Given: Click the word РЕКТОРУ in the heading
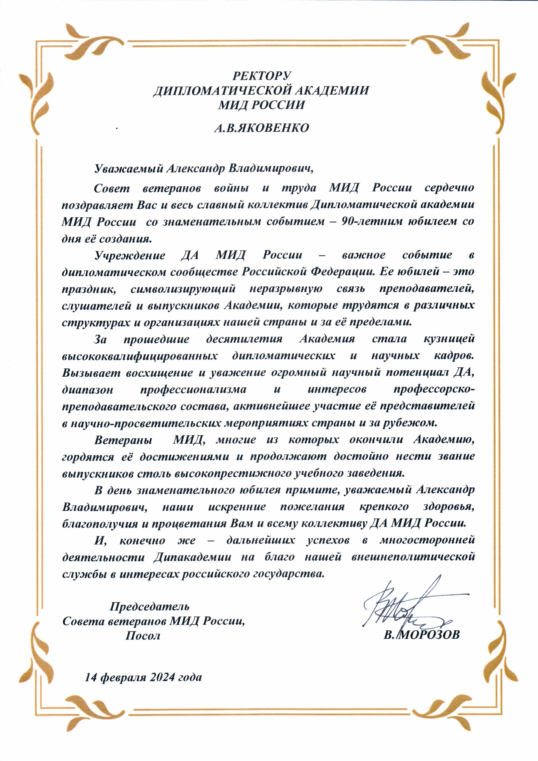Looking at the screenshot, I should pos(261,76).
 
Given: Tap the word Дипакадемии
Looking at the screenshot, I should pos(192,557).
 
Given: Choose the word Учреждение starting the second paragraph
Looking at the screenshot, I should pos(130,255).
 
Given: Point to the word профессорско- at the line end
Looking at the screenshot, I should pos(434,389).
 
